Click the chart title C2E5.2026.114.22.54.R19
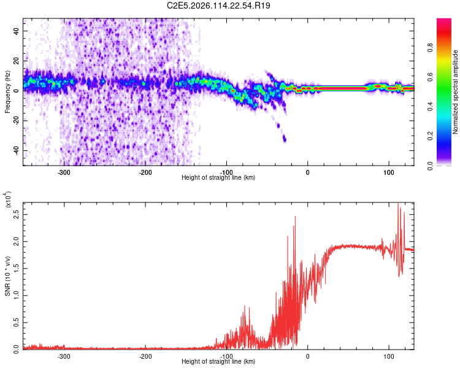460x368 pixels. coord(219,6)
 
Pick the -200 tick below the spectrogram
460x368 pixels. coord(145,172)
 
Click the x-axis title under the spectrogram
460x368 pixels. coord(218,178)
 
